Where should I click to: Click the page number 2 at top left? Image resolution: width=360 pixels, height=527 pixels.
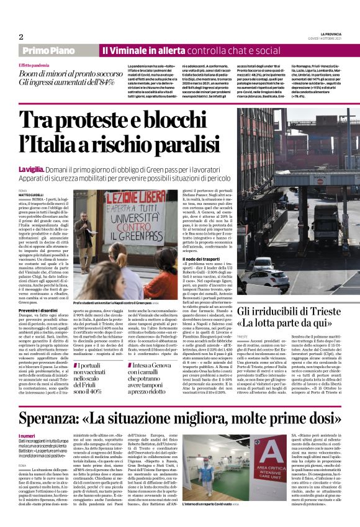tap(20, 37)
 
